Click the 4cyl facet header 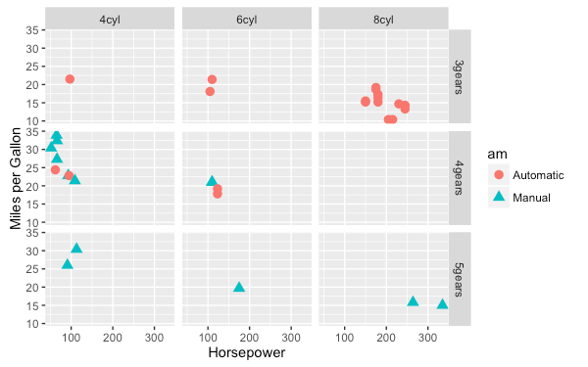tap(110, 19)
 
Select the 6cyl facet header tap(246, 19)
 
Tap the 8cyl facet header tap(383, 19)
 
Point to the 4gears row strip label tap(461, 178)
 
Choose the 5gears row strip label tap(461, 278)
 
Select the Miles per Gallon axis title tap(17, 177)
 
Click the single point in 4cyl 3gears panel tap(70, 79)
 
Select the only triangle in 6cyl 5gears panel tap(239, 287)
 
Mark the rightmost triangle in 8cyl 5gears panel tap(442, 304)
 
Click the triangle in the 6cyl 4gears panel tap(212, 181)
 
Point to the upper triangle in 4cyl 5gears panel tap(76, 249)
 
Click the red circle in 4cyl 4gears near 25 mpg tap(55, 170)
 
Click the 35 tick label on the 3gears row tap(32, 31)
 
